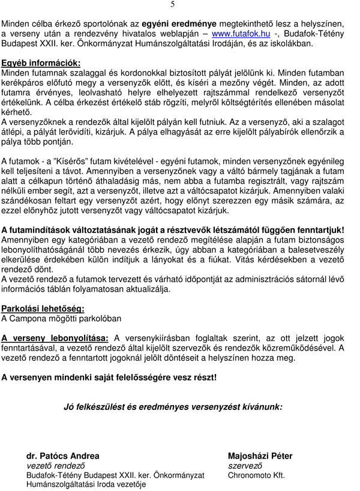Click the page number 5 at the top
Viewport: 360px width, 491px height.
click(173, 4)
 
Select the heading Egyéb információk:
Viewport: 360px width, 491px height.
click(40, 62)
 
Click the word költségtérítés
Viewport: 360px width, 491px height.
click(250, 102)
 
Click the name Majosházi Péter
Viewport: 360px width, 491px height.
click(260, 456)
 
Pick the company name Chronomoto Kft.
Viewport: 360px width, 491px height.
click(256, 475)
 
